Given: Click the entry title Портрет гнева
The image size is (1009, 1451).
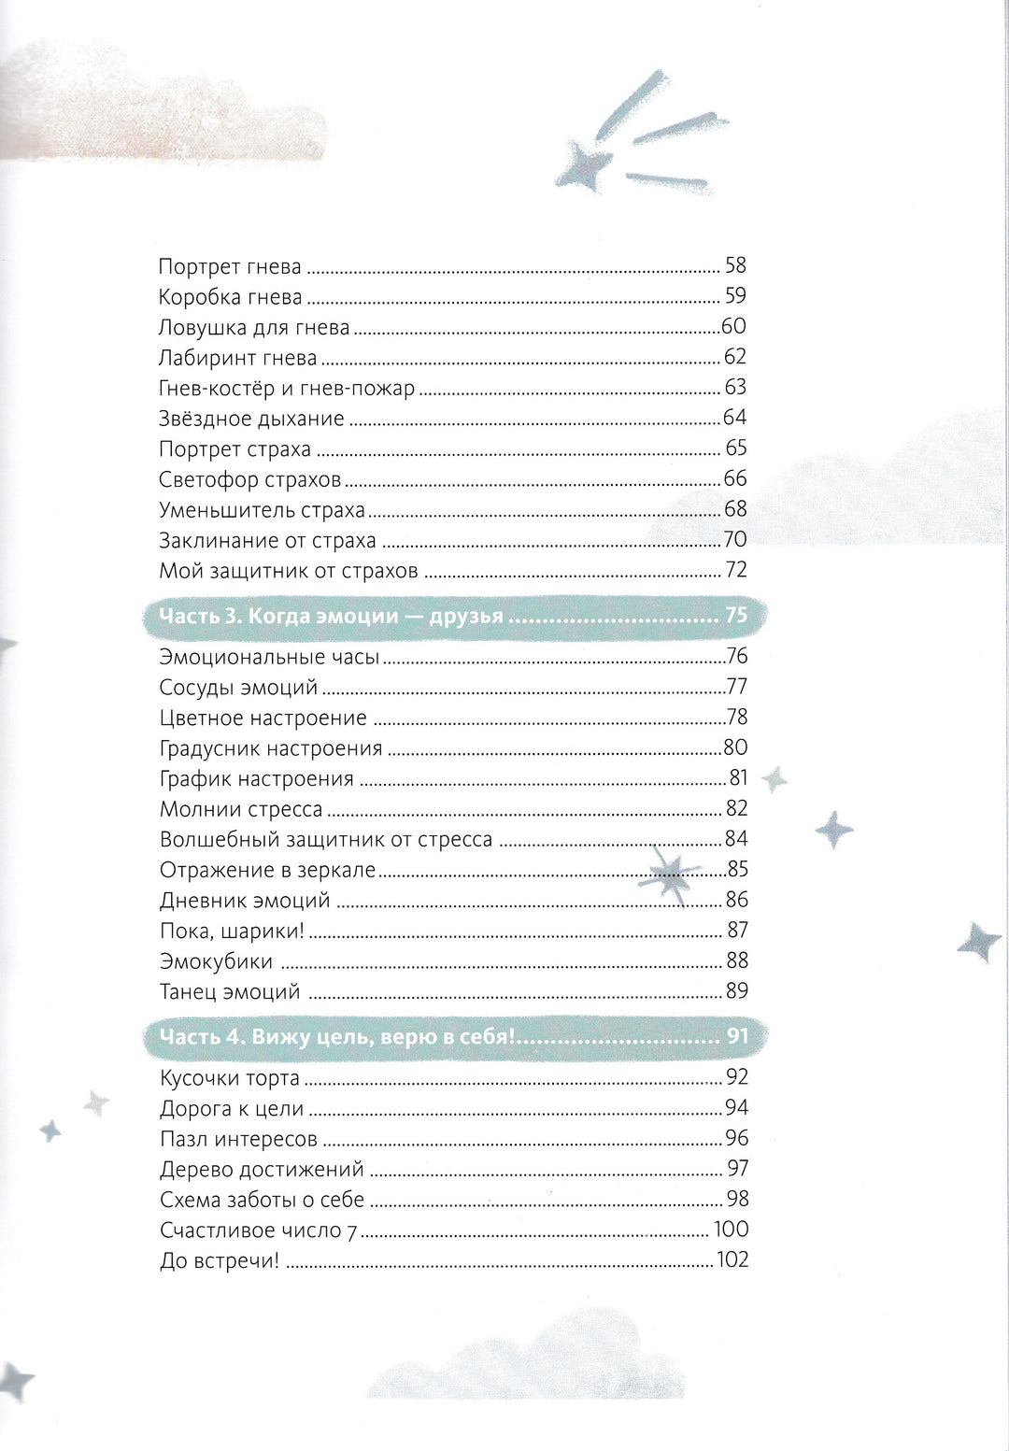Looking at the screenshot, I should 230,267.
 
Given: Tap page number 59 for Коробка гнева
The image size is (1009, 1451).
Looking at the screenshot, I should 735,296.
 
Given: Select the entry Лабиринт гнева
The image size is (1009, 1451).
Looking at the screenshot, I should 238,358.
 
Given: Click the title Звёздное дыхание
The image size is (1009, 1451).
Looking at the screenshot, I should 251,419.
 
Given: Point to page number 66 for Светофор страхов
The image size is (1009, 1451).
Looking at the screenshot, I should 735,478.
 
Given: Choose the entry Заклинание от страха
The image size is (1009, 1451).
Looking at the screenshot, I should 267,540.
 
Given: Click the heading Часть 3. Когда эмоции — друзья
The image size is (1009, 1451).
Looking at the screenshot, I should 332,616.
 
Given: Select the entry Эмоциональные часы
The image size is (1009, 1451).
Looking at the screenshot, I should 269,657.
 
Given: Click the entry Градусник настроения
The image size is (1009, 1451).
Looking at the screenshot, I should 271,748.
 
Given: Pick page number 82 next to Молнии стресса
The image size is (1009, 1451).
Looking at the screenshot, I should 736,809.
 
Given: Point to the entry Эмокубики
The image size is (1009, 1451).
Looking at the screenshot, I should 216,961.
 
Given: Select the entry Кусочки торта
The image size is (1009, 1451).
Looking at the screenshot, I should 230,1078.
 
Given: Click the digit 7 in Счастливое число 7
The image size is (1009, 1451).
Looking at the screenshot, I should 352,1231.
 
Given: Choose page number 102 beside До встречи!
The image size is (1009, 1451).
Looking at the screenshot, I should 732,1260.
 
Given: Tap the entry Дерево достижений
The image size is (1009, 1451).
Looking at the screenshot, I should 262,1170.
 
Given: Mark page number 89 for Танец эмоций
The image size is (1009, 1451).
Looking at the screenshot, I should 736,991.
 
